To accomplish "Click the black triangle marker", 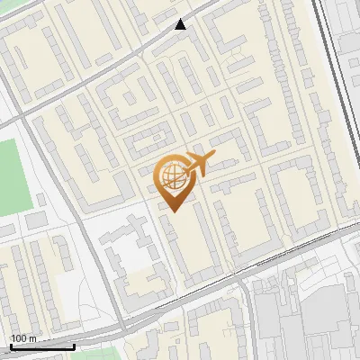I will pos(181,24).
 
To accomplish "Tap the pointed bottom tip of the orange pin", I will pos(174,211).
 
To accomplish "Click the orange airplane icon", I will pos(198,164).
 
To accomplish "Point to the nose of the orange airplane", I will pos(212,157).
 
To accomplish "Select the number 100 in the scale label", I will pos(19,338).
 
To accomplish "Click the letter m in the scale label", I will pos(32,338).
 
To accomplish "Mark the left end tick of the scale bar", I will pos(11,345).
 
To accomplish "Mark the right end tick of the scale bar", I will pos(74,345).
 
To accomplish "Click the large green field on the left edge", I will pos(13,175).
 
